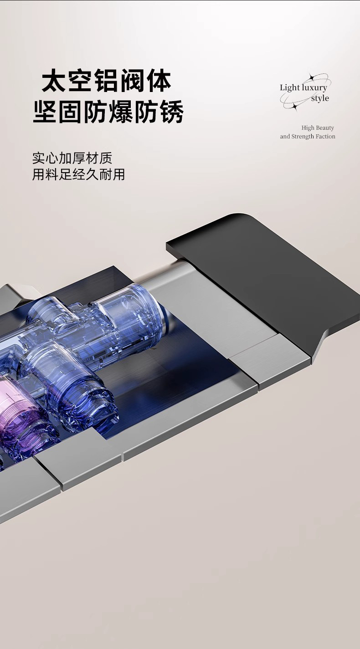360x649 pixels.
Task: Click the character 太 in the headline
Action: point(54,80)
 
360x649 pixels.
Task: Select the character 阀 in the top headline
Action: point(133,80)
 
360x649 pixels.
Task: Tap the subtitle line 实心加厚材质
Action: point(72,158)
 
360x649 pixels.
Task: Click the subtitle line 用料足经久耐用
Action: point(78,174)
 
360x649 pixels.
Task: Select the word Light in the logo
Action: point(289,87)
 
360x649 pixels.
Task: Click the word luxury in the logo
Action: point(314,88)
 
